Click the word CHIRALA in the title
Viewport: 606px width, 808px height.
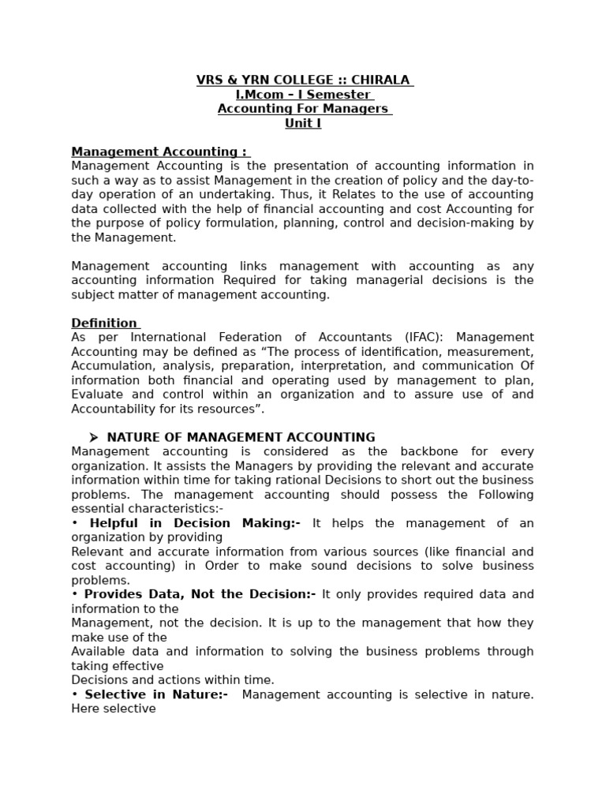pos(383,80)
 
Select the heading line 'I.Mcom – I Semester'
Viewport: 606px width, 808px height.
pos(303,95)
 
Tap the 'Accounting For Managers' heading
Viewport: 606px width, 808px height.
pos(303,109)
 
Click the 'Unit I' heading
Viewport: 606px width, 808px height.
pos(303,123)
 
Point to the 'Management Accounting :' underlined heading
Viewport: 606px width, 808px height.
pos(159,151)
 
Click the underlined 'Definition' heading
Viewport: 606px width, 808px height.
pos(104,323)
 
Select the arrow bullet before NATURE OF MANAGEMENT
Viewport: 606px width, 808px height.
pos(93,437)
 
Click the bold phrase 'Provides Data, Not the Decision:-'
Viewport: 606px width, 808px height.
pos(200,594)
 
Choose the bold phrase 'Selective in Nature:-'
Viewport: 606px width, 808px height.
pos(156,694)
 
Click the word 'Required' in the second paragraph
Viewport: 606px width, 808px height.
pos(250,280)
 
